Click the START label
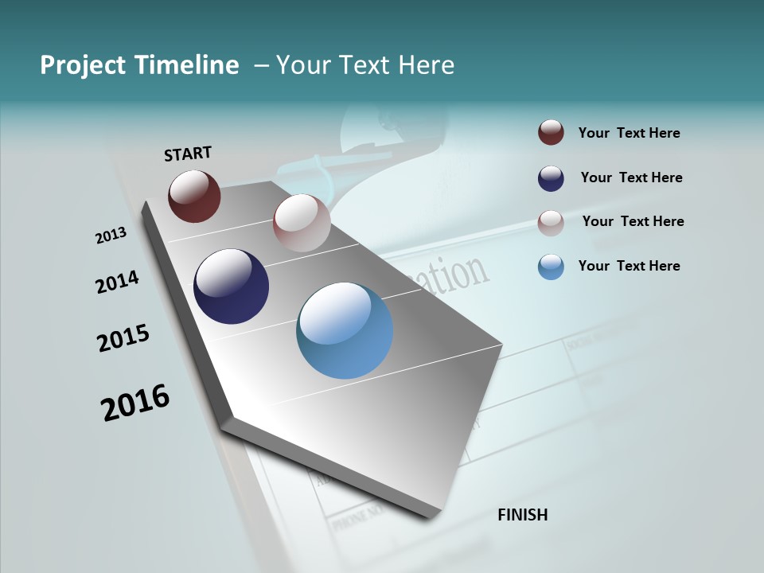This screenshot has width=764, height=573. point(188,154)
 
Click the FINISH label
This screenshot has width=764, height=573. point(522,515)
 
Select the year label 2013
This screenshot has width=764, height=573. point(111,236)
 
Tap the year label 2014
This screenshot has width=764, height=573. point(117,283)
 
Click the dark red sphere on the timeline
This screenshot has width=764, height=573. point(194,196)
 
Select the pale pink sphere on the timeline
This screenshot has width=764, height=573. point(302,223)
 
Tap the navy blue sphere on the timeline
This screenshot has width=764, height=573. point(231,286)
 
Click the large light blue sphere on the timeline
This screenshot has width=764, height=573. point(345,330)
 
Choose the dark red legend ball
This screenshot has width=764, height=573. point(551,133)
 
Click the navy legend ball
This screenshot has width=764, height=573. point(551,178)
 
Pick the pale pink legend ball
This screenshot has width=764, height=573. point(551,223)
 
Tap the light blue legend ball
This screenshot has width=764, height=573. point(551,267)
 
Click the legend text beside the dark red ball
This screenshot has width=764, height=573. point(629,133)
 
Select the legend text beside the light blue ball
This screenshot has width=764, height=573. point(629,266)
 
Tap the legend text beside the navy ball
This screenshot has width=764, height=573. point(631,177)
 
